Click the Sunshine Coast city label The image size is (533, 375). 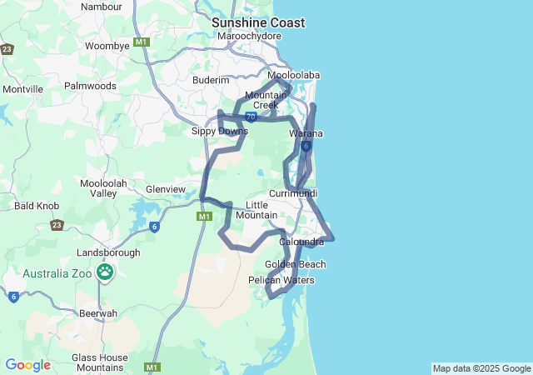coord(257,22)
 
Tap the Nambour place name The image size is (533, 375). coord(102,7)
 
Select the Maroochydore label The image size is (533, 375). coord(248,37)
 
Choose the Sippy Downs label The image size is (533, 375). coord(220,132)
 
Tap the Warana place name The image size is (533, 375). coord(306,133)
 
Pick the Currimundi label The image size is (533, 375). coord(292,193)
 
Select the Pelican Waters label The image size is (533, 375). coord(281,281)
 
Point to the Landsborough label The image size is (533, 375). coord(108,252)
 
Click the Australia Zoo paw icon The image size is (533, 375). coord(106,272)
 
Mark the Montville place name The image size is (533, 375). coord(22,89)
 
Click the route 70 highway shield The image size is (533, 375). coord(250,117)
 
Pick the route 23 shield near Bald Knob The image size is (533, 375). coord(57,225)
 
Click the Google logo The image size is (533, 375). coord(27,365)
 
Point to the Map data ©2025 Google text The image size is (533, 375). coord(481,368)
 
